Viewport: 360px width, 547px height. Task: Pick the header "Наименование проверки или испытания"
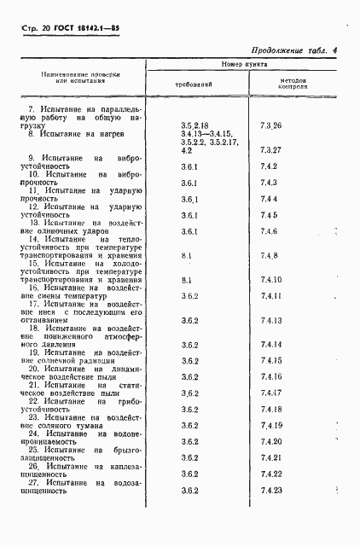[82, 78]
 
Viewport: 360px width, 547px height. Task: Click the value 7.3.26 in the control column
[271, 126]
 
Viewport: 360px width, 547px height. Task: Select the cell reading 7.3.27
[271, 150]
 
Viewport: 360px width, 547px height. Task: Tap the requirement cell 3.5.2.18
[195, 126]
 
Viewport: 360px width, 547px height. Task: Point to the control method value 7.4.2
[270, 167]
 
